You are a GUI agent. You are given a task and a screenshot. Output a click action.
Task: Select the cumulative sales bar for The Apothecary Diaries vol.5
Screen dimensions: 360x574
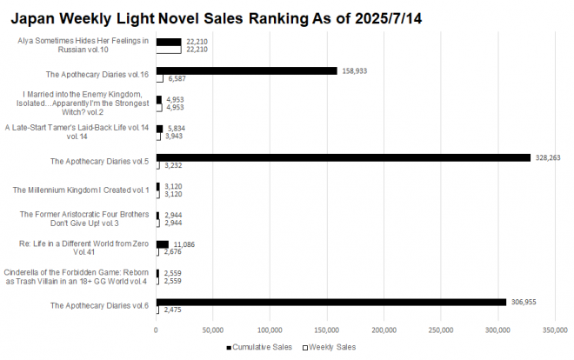[x=343, y=157]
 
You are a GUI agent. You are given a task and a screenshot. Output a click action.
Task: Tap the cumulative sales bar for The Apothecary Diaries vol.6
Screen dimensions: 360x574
[x=330, y=301]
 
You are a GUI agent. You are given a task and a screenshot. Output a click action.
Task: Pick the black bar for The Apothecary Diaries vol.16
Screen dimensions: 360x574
[x=246, y=70]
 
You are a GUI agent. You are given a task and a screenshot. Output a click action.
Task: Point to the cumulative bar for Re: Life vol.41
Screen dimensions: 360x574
[x=162, y=244]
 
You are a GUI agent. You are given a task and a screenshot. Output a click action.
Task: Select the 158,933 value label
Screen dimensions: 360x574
[x=355, y=70]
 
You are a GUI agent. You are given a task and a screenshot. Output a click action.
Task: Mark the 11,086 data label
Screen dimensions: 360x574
[x=184, y=244]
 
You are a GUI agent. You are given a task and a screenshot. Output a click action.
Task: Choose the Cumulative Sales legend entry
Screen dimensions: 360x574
[x=257, y=346]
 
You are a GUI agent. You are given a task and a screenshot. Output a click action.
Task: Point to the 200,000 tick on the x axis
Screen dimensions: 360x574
[x=384, y=330]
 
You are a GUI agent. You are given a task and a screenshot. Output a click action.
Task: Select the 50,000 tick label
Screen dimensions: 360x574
[x=212, y=330]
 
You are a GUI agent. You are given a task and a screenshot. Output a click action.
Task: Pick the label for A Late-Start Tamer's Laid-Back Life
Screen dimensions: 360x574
[x=77, y=132]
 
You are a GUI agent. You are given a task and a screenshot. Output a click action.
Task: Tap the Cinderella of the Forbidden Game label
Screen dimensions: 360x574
[x=77, y=277]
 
